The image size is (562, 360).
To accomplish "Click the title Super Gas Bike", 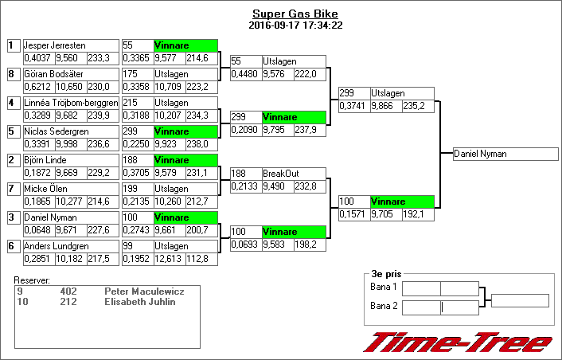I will (x=294, y=14).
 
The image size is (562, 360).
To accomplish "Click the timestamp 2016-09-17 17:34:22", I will (x=295, y=25).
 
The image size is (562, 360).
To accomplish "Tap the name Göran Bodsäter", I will (x=53, y=74).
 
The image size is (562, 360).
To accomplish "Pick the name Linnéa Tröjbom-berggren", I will (x=71, y=103).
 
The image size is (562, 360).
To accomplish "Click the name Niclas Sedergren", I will (x=56, y=131).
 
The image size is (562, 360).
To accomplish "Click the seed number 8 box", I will (x=12, y=74).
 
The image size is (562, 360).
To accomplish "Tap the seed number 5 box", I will (x=12, y=131).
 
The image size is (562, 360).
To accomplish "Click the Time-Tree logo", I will (x=457, y=342).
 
